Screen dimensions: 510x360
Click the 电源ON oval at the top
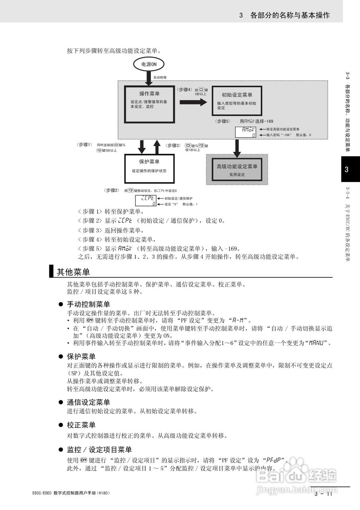[149, 64]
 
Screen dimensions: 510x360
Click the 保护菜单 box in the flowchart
[149, 167]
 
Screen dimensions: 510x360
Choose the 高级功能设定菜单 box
[237, 169]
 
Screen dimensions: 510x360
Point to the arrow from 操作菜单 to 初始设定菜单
[193, 102]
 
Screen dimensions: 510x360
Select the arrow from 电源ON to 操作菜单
[149, 79]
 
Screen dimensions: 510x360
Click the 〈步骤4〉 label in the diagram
[184, 90]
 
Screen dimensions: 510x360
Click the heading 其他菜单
[73, 272]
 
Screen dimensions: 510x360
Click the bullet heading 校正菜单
[81, 425]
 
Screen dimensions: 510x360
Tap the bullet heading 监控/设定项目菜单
[99, 450]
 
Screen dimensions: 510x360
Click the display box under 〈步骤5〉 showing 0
[245, 132]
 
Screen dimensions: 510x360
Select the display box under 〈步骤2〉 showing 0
[146, 200]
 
